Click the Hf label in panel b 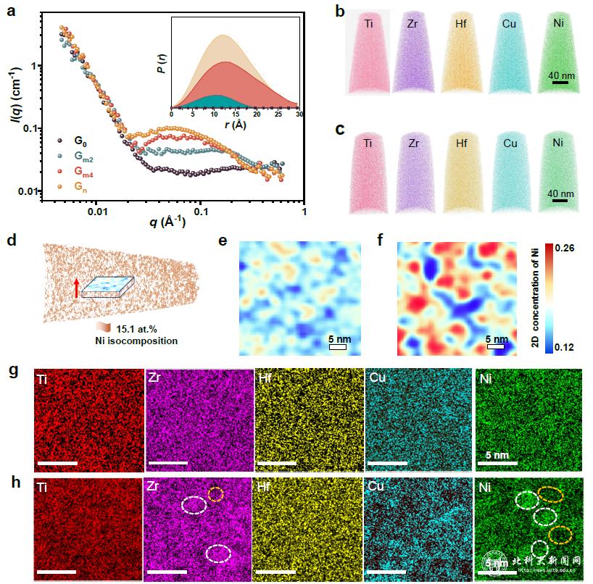460,24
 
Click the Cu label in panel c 510,143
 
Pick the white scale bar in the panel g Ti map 56,462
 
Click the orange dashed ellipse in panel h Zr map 216,494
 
